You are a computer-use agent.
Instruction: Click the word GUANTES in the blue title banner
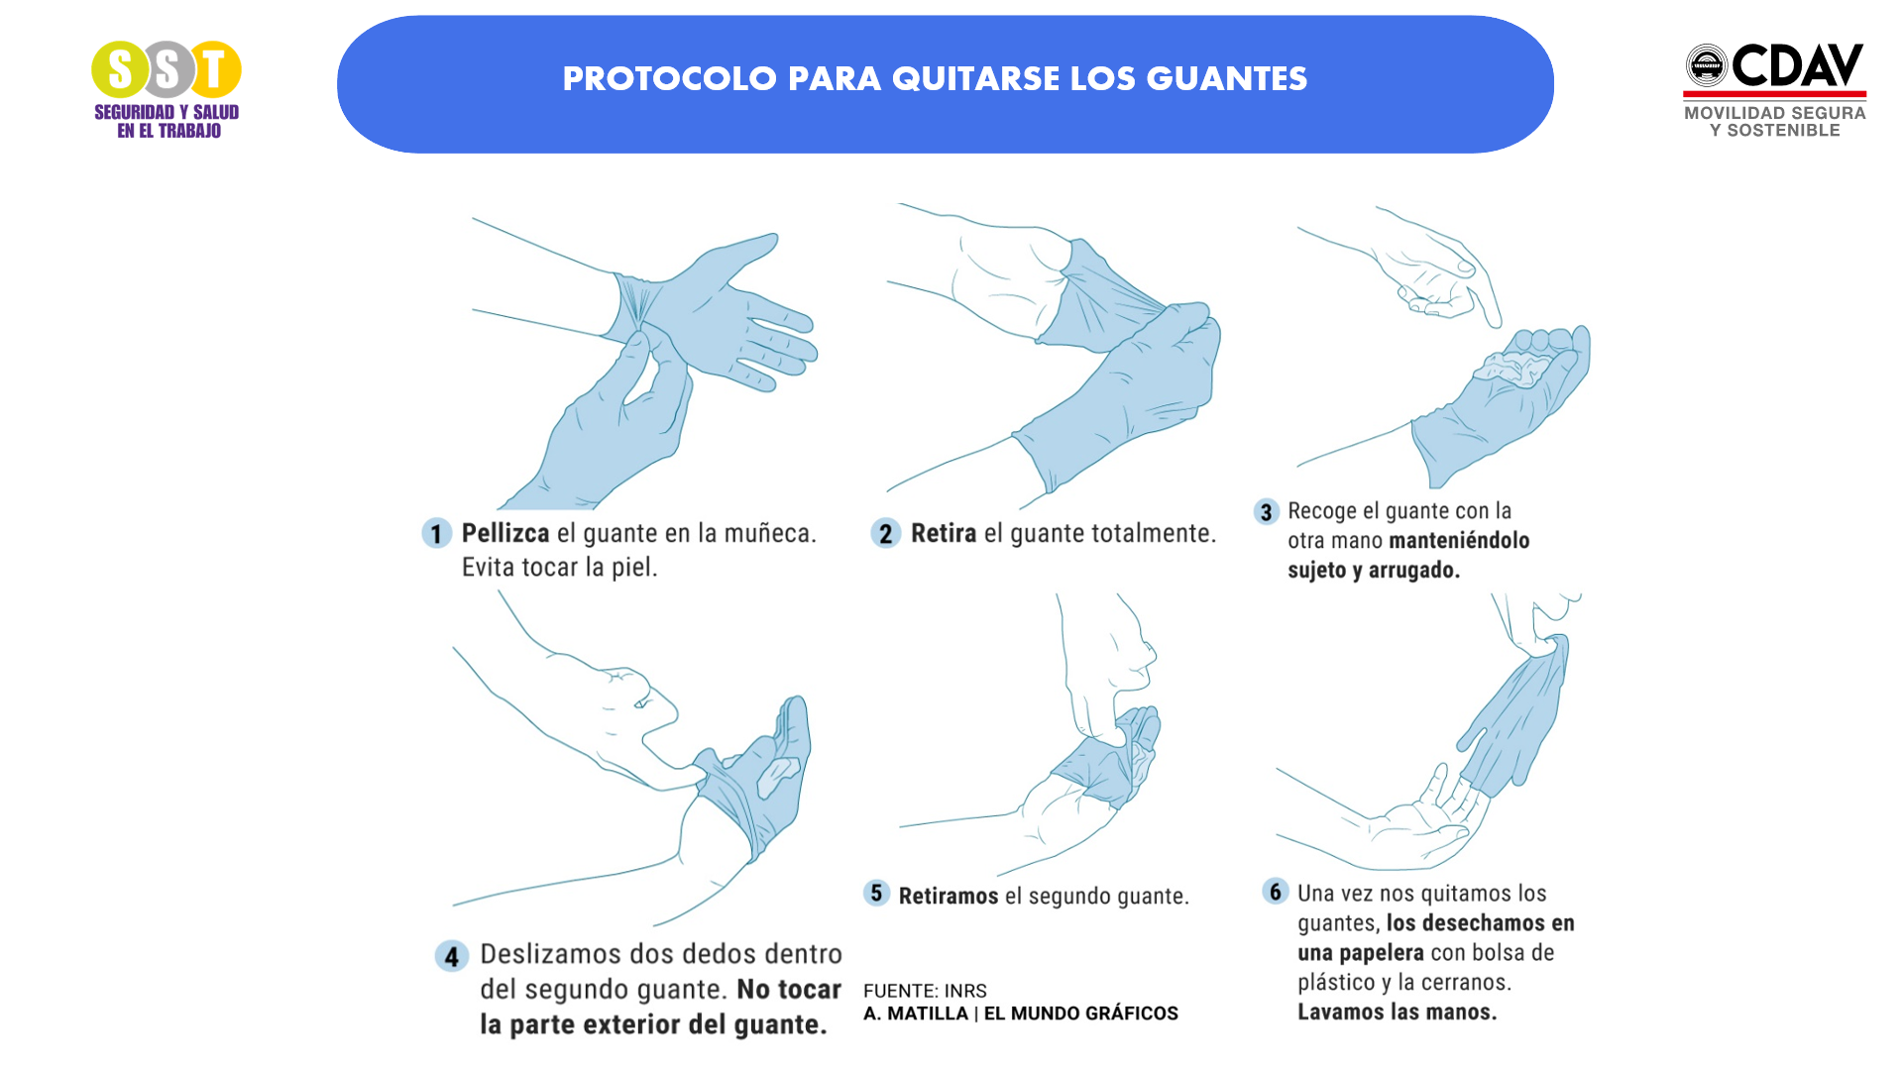point(1226,79)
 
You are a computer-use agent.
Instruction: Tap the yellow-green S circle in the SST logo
point(119,69)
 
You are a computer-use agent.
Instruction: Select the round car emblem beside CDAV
point(1707,65)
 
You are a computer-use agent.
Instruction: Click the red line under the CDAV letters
point(1774,94)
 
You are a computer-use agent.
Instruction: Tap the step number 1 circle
point(436,533)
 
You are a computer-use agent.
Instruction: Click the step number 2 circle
point(885,533)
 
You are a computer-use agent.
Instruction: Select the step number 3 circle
point(1266,512)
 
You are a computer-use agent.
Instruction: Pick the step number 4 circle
point(452,956)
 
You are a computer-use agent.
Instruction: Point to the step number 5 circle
point(876,893)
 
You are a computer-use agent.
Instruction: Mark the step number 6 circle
point(1276,891)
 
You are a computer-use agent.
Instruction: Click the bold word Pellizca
point(504,533)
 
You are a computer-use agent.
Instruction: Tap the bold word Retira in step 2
point(943,533)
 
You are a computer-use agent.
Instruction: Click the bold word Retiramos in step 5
point(948,896)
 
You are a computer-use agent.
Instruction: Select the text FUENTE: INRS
point(925,991)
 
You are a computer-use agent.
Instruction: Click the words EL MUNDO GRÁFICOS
point(1080,1014)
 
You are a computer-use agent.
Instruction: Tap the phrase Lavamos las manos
point(1397,1013)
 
